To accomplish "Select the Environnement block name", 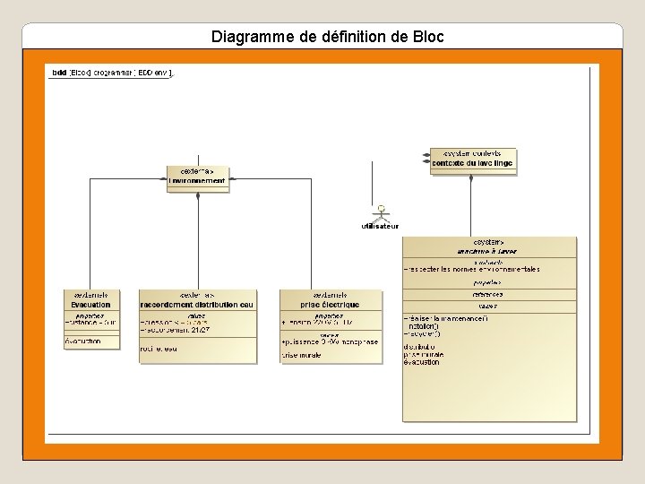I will pyautogui.click(x=197, y=180).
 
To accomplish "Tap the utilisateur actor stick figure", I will pyautogui.click(x=381, y=213).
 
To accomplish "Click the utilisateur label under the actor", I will pyautogui.click(x=380, y=227).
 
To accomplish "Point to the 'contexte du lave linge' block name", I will pyautogui.click(x=472, y=162).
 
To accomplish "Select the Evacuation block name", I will pyautogui.click(x=90, y=305).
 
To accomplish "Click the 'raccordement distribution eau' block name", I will pyautogui.click(x=197, y=305).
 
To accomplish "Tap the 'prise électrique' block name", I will pyautogui.click(x=330, y=305).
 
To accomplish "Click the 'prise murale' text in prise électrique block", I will pyautogui.click(x=302, y=356).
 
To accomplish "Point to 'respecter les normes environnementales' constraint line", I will pyautogui.click(x=473, y=269).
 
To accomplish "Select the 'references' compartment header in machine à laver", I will pyautogui.click(x=488, y=294).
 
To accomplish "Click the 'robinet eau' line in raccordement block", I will pyautogui.click(x=159, y=349).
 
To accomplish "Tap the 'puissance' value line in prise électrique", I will pyautogui.click(x=330, y=341).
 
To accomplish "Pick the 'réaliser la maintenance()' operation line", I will pyautogui.click(x=446, y=318).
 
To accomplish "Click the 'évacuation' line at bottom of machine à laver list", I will pyautogui.click(x=422, y=361).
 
